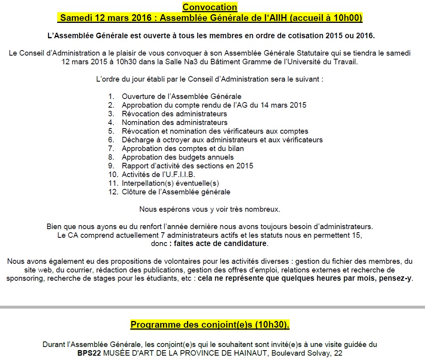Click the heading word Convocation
(x=210, y=7)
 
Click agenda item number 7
(x=111, y=149)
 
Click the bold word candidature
(x=243, y=244)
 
